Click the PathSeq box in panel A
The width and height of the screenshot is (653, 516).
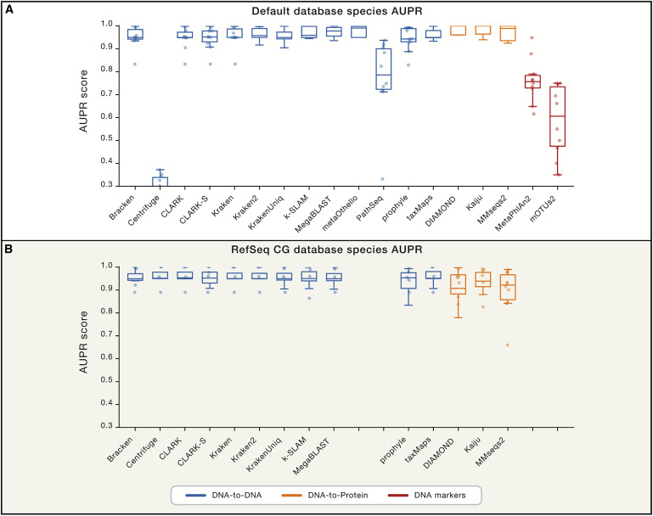pos(384,69)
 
